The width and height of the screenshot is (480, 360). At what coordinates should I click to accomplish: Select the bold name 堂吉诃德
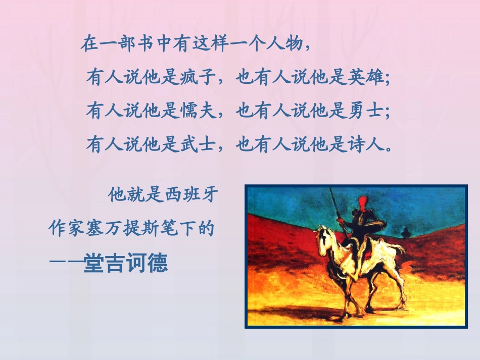pyautogui.click(x=126, y=264)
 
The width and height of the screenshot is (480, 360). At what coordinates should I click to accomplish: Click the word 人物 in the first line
pyautogui.click(x=285, y=45)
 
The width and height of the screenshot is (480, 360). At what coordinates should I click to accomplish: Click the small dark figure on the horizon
pyautogui.click(x=404, y=232)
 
